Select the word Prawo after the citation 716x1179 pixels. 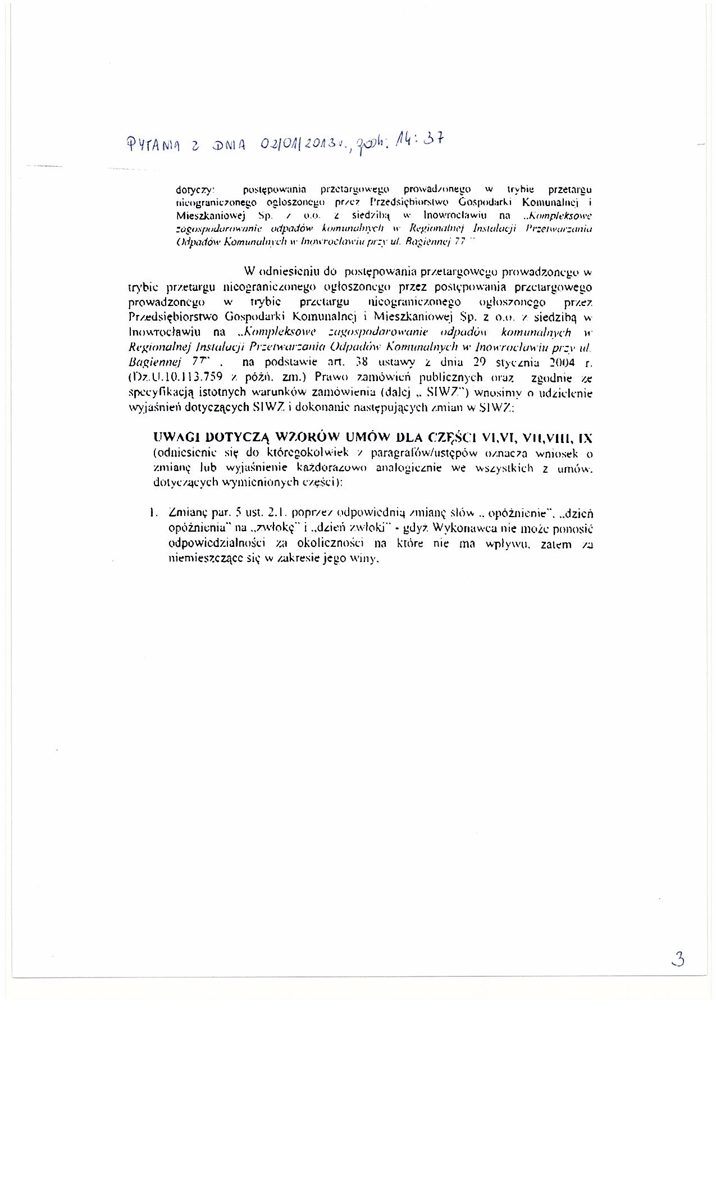pyautogui.click(x=334, y=377)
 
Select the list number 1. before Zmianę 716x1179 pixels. pyautogui.click(x=153, y=513)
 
